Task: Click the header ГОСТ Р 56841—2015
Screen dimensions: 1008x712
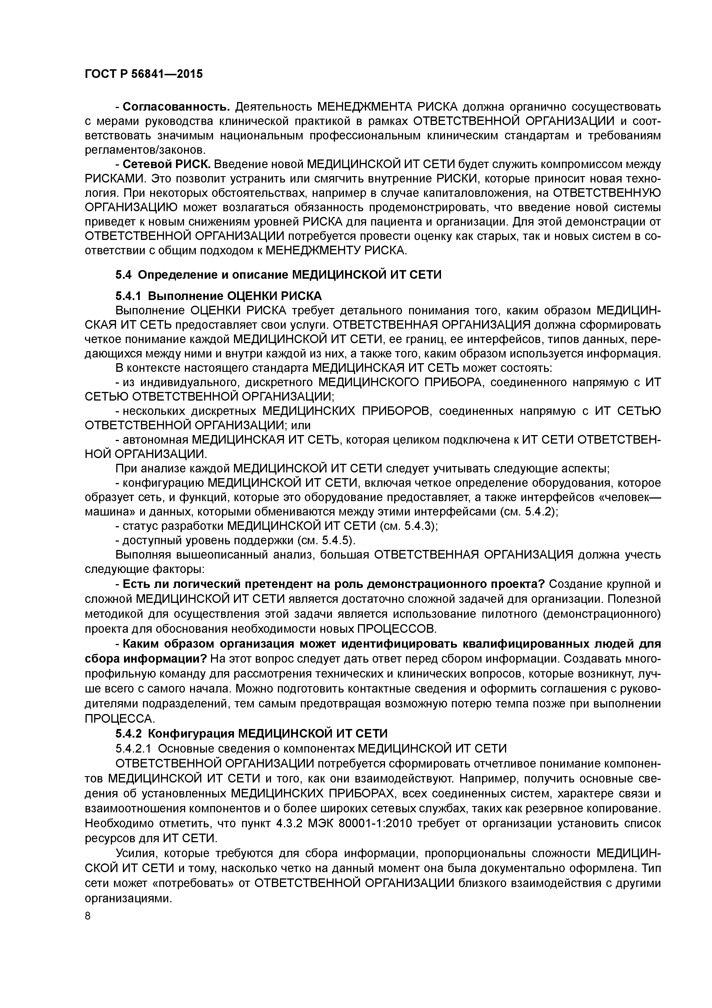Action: coord(144,74)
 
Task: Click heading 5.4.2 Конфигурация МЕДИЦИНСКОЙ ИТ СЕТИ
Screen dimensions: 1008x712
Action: coord(251,734)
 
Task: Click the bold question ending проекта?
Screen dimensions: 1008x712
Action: coord(333,584)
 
